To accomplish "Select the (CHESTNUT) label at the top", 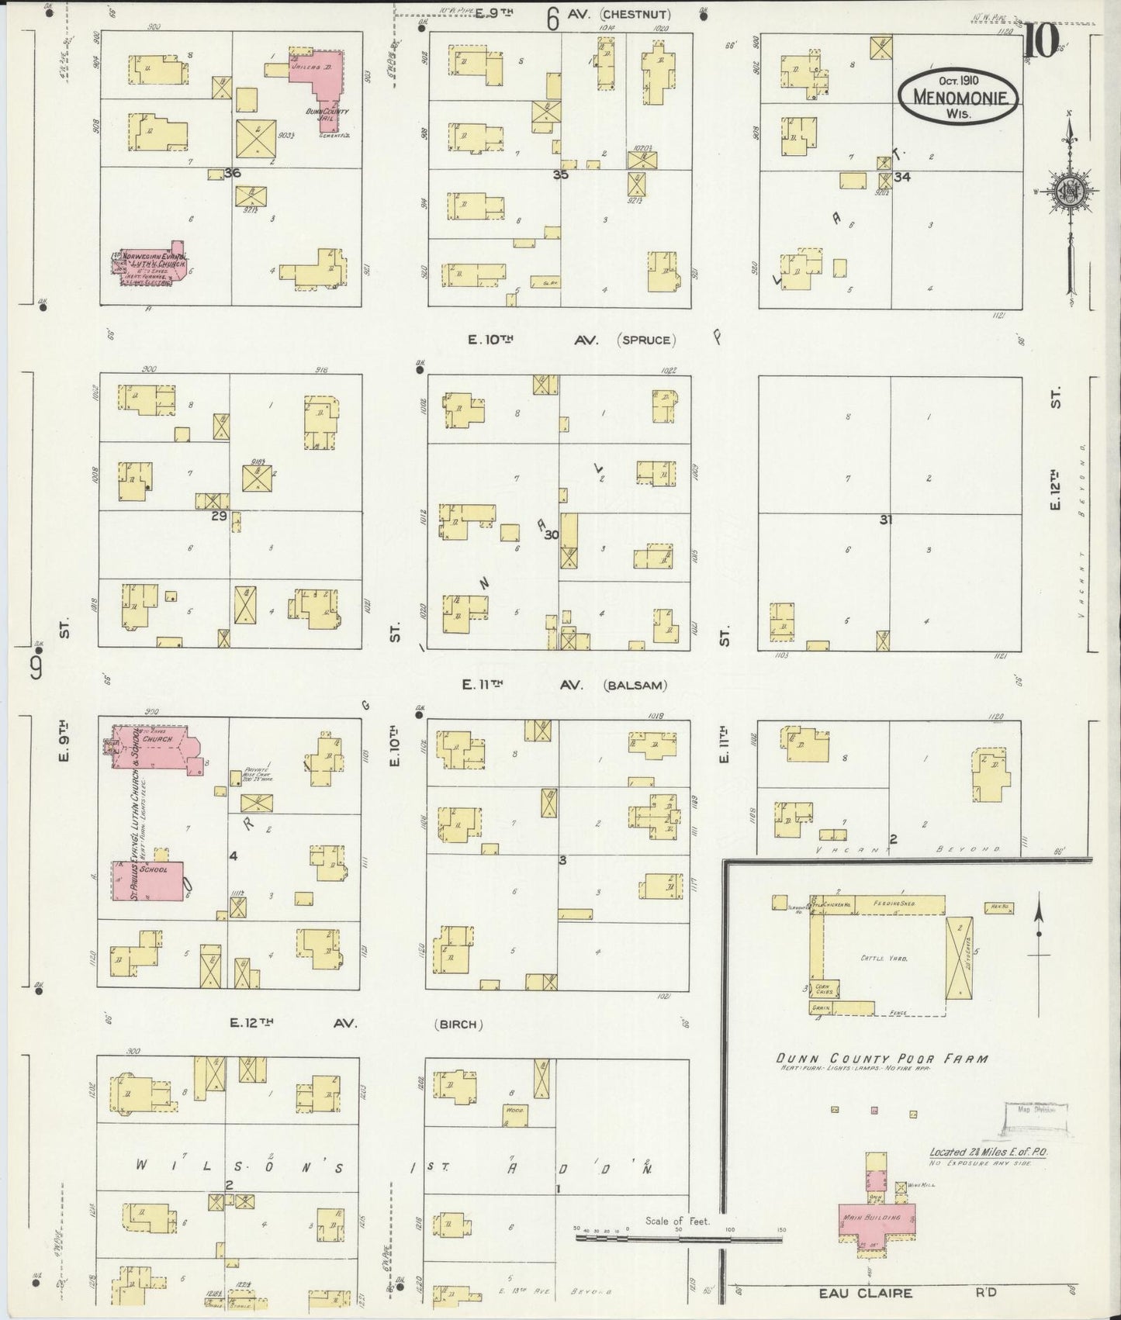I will point(635,14).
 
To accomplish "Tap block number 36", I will point(231,173).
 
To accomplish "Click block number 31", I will point(885,520).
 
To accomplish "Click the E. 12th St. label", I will point(1055,450).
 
